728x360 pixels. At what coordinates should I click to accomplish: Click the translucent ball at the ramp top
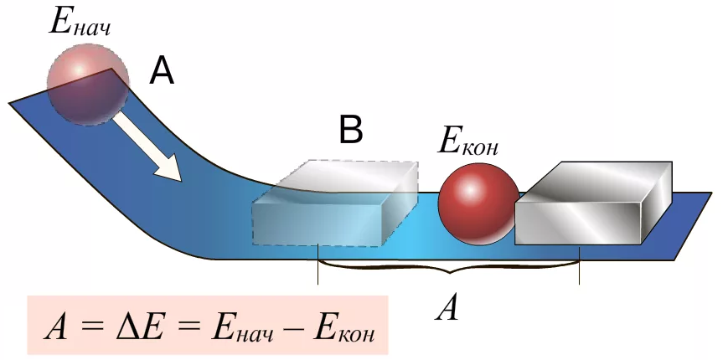point(88,85)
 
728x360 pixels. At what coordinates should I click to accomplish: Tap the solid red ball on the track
point(479,203)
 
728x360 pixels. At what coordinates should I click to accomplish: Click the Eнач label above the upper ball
point(80,21)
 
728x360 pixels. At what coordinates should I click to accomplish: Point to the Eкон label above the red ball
point(468,141)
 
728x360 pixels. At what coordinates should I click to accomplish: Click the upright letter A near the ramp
point(161,73)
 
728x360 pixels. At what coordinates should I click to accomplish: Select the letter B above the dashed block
point(350,130)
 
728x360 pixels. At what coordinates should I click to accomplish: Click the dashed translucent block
point(335,203)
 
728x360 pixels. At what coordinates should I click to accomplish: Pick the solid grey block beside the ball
point(594,203)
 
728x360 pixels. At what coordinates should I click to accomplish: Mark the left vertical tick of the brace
point(318,264)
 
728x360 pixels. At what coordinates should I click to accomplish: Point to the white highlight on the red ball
point(470,189)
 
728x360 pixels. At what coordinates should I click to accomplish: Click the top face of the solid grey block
point(594,177)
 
